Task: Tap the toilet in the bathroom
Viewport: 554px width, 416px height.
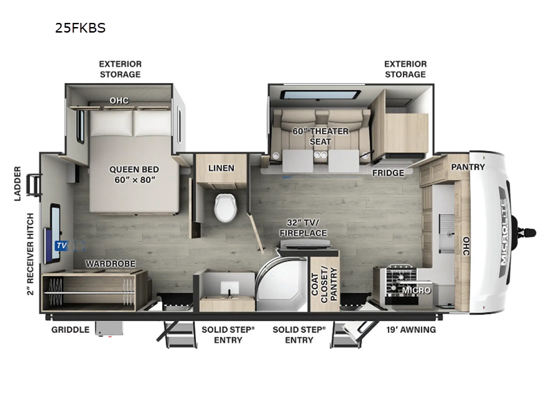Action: (x=226, y=207)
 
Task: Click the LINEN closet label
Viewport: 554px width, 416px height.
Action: (x=221, y=168)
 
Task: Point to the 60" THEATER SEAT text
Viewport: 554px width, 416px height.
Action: (x=320, y=137)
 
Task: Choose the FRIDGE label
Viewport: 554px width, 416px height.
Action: (x=388, y=173)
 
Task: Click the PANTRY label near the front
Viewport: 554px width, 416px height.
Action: (x=468, y=167)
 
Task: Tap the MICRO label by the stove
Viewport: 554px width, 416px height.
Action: (x=416, y=290)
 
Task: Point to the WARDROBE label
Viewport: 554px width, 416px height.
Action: (x=110, y=264)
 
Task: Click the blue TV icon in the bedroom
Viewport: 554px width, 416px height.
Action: (x=60, y=245)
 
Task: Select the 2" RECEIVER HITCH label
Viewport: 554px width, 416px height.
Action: (x=29, y=253)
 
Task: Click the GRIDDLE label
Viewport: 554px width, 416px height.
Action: (x=70, y=329)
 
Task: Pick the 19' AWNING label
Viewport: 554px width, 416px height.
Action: (x=411, y=329)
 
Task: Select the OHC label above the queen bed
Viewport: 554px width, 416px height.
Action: (x=119, y=101)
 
